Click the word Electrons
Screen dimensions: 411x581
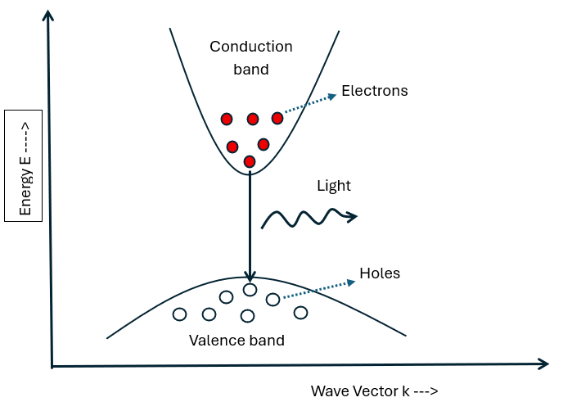pyautogui.click(x=374, y=91)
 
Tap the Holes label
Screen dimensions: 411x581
pyautogui.click(x=380, y=273)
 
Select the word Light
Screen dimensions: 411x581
pyautogui.click(x=334, y=186)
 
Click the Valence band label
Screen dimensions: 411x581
pyautogui.click(x=237, y=341)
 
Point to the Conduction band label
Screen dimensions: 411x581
pyautogui.click(x=250, y=58)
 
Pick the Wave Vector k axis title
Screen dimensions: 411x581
pyautogui.click(x=367, y=391)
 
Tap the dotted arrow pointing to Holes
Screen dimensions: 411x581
pyautogui.click(x=319, y=287)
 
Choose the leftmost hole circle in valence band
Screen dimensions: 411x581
pyautogui.click(x=179, y=314)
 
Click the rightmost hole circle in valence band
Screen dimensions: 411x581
pyautogui.click(x=300, y=312)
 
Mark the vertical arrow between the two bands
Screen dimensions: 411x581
pyautogui.click(x=250, y=225)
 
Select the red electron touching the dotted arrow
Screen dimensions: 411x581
pyautogui.click(x=277, y=119)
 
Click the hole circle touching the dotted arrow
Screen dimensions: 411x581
pyautogui.click(x=273, y=300)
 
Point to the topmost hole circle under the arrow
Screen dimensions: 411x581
pyautogui.click(x=250, y=289)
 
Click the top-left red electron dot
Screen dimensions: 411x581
pyautogui.click(x=227, y=120)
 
